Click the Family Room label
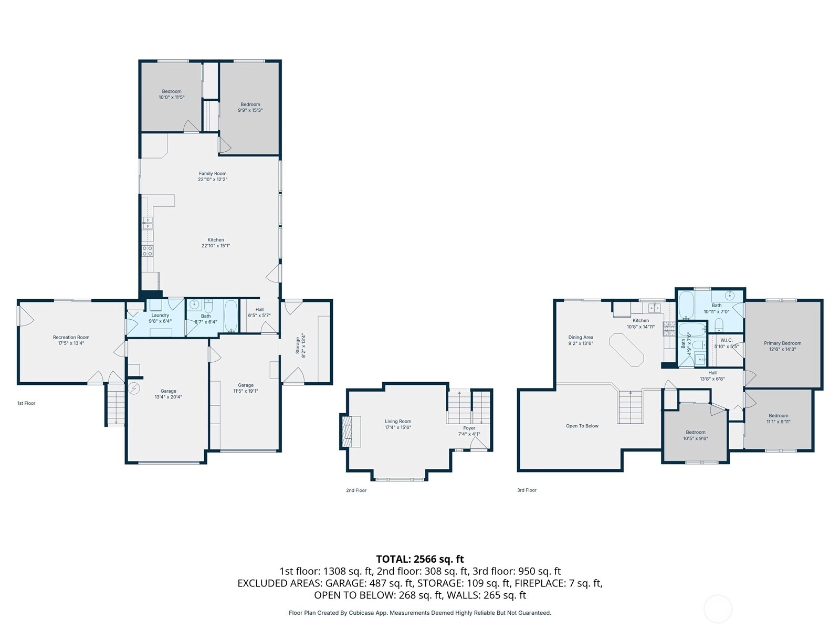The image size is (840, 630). coord(213,174)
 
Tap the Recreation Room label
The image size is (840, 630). coord(71,338)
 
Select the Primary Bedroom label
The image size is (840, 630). coord(783,343)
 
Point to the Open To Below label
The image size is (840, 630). coord(582,426)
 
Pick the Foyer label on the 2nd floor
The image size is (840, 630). coord(469,428)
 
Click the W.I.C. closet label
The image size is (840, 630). coord(727,340)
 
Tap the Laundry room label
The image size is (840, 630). coord(160,315)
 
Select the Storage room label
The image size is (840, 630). coord(298,345)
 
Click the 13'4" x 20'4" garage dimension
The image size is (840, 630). coord(169,397)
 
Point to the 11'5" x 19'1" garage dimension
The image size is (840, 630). coord(246,391)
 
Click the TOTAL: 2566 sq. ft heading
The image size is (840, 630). coord(420,559)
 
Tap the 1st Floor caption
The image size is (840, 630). coord(26,403)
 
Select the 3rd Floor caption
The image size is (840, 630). coord(527,490)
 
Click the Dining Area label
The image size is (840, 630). coord(581,338)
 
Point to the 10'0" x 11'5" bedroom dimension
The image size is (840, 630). coord(172,97)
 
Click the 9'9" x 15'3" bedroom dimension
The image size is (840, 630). coord(250,110)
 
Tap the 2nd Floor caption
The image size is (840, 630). coord(356,490)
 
